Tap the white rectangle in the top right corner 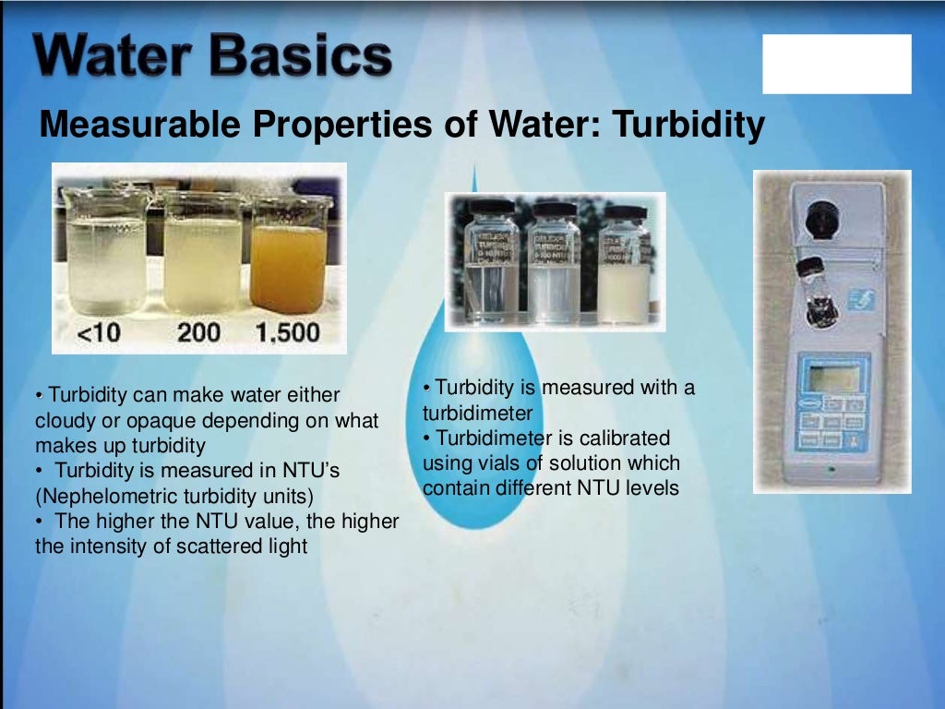836,64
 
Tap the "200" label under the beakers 198,331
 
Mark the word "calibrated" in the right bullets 623,438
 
